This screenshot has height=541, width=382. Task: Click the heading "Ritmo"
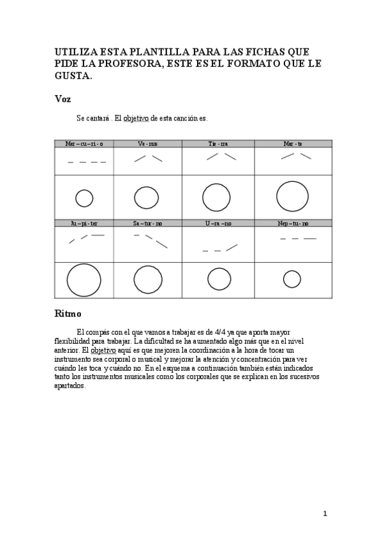(67, 314)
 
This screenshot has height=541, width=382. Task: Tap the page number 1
(325, 514)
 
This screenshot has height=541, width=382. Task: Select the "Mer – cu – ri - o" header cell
(84, 144)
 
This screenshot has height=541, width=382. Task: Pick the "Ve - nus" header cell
(147, 144)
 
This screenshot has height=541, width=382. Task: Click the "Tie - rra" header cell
(218, 144)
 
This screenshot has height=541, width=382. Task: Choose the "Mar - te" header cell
(293, 144)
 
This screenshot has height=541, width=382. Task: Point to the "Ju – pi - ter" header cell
(84, 223)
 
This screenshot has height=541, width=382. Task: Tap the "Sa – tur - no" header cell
(147, 223)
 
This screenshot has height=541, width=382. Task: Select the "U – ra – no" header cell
(218, 223)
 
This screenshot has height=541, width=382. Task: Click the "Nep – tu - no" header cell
(293, 223)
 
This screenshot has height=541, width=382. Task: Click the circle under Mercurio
(84, 198)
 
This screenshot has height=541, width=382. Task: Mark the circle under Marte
(293, 196)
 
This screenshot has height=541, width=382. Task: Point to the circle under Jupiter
(84, 280)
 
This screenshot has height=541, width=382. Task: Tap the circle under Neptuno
(292, 279)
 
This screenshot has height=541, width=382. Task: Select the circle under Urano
(219, 279)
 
